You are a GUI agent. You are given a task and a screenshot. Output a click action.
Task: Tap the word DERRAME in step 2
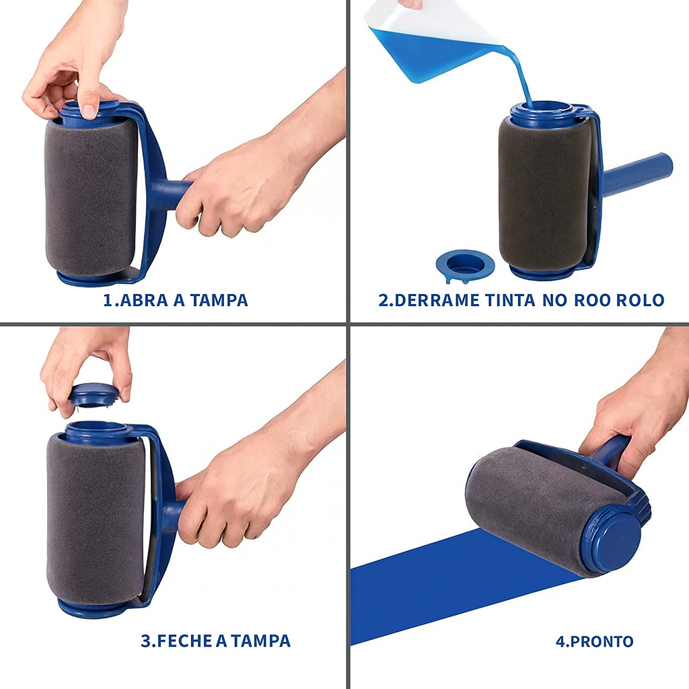coord(437,300)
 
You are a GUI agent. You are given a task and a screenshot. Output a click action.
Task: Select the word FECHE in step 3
coord(184,641)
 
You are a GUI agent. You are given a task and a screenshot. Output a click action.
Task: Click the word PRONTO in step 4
coord(602,641)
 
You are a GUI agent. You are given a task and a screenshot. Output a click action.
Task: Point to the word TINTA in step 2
coord(510,300)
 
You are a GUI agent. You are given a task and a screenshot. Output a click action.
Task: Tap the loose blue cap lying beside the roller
coord(465,265)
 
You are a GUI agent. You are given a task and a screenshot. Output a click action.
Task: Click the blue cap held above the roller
coord(94,395)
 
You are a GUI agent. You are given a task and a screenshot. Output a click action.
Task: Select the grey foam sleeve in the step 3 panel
coord(95,519)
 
